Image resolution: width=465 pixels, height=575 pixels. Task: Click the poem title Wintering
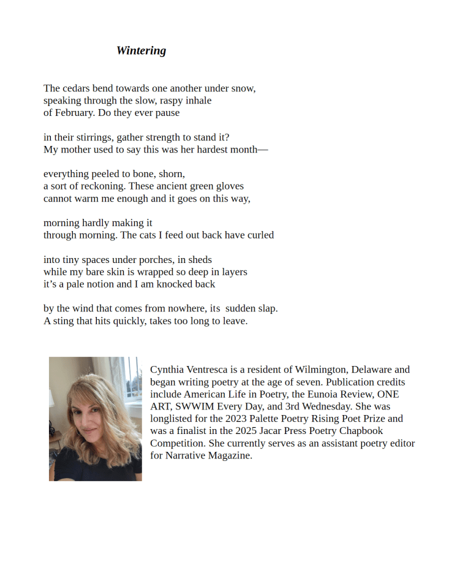click(141, 51)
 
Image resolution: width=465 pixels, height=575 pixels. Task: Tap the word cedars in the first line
click(77, 88)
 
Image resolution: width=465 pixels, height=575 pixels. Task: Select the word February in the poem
click(74, 113)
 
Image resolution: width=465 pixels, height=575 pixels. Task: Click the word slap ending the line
click(268, 309)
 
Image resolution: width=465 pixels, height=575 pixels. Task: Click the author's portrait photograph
click(96, 419)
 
